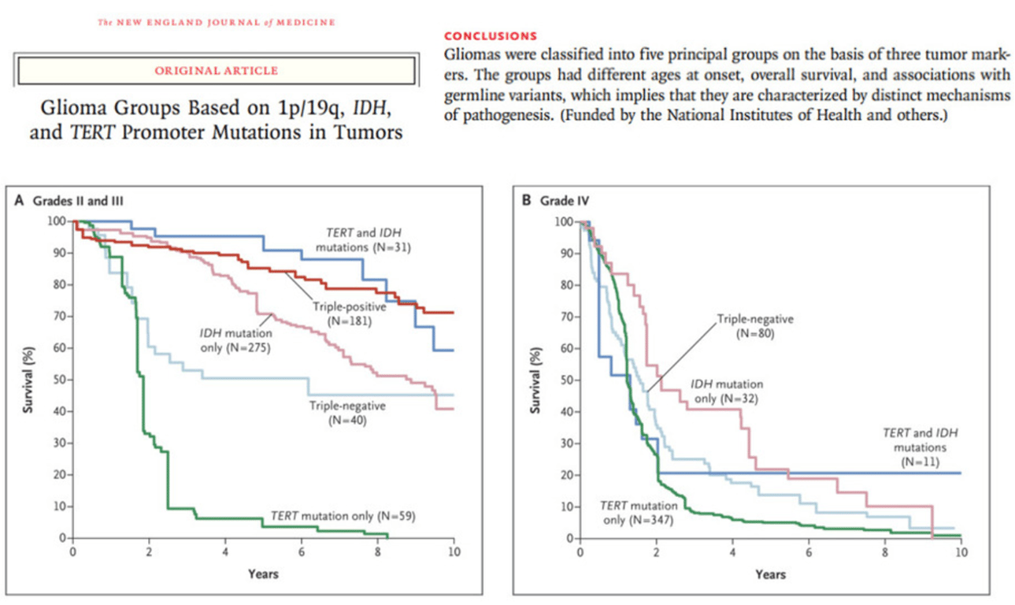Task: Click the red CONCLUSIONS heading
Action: tap(491, 35)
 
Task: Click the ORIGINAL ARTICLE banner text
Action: tap(216, 71)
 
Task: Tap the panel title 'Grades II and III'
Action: tap(77, 201)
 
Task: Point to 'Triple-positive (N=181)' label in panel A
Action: tap(344, 314)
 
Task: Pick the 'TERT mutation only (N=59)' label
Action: tap(342, 516)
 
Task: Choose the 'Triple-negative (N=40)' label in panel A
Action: tap(346, 413)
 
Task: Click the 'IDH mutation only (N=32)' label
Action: tap(727, 392)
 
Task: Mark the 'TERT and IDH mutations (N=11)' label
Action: tap(914, 447)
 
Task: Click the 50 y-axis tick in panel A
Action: tap(58, 380)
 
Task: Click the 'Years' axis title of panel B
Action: tap(769, 574)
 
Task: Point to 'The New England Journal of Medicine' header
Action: tap(216, 22)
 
